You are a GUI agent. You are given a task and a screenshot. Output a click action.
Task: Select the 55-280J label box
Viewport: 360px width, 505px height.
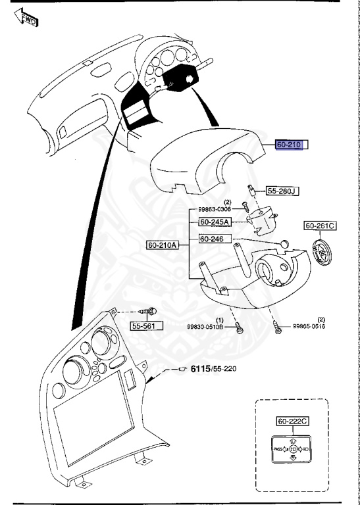click(x=282, y=191)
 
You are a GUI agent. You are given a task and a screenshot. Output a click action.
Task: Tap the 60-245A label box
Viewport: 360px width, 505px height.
click(x=215, y=223)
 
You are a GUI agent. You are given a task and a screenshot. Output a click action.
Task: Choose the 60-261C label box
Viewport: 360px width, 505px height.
click(x=321, y=226)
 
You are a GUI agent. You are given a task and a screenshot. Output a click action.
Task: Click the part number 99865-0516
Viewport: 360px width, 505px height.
click(x=308, y=326)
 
